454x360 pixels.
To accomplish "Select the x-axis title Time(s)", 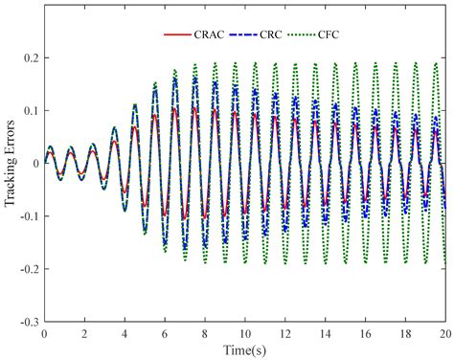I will click(245, 348).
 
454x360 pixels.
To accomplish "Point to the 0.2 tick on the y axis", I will click(32, 58).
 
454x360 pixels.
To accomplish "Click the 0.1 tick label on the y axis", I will click(32, 111).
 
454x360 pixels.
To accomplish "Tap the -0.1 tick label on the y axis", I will click(30, 215).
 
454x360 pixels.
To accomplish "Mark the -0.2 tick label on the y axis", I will click(30, 267).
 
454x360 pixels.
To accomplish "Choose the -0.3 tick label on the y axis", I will click(30, 319).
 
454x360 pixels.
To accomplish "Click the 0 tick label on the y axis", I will click(36, 163).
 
